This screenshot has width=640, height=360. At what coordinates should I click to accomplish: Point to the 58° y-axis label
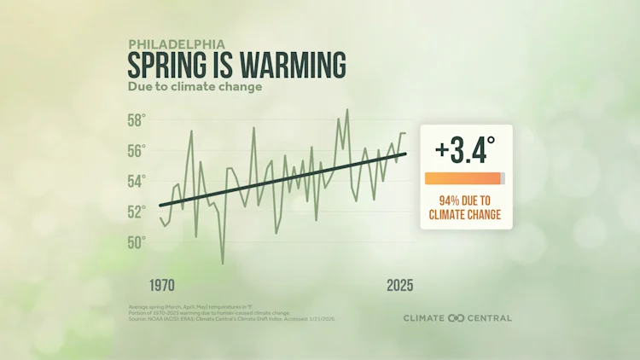(137, 119)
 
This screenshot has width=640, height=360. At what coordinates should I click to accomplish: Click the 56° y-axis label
(137, 150)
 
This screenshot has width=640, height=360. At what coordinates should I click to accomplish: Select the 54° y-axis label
(137, 181)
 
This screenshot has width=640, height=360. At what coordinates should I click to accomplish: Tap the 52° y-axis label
(137, 212)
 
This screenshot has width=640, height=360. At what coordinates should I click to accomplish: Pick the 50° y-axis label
(137, 242)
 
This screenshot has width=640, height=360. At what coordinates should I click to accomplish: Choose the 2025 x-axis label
(399, 285)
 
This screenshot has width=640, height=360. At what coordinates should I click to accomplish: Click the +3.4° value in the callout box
(465, 150)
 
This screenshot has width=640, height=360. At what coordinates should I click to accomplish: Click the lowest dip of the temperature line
(223, 263)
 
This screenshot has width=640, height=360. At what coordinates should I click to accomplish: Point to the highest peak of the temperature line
(347, 110)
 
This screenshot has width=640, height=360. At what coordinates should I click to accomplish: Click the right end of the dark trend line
(405, 154)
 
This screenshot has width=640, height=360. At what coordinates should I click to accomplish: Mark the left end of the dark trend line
(160, 206)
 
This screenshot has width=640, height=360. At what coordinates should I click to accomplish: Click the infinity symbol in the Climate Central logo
(456, 318)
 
